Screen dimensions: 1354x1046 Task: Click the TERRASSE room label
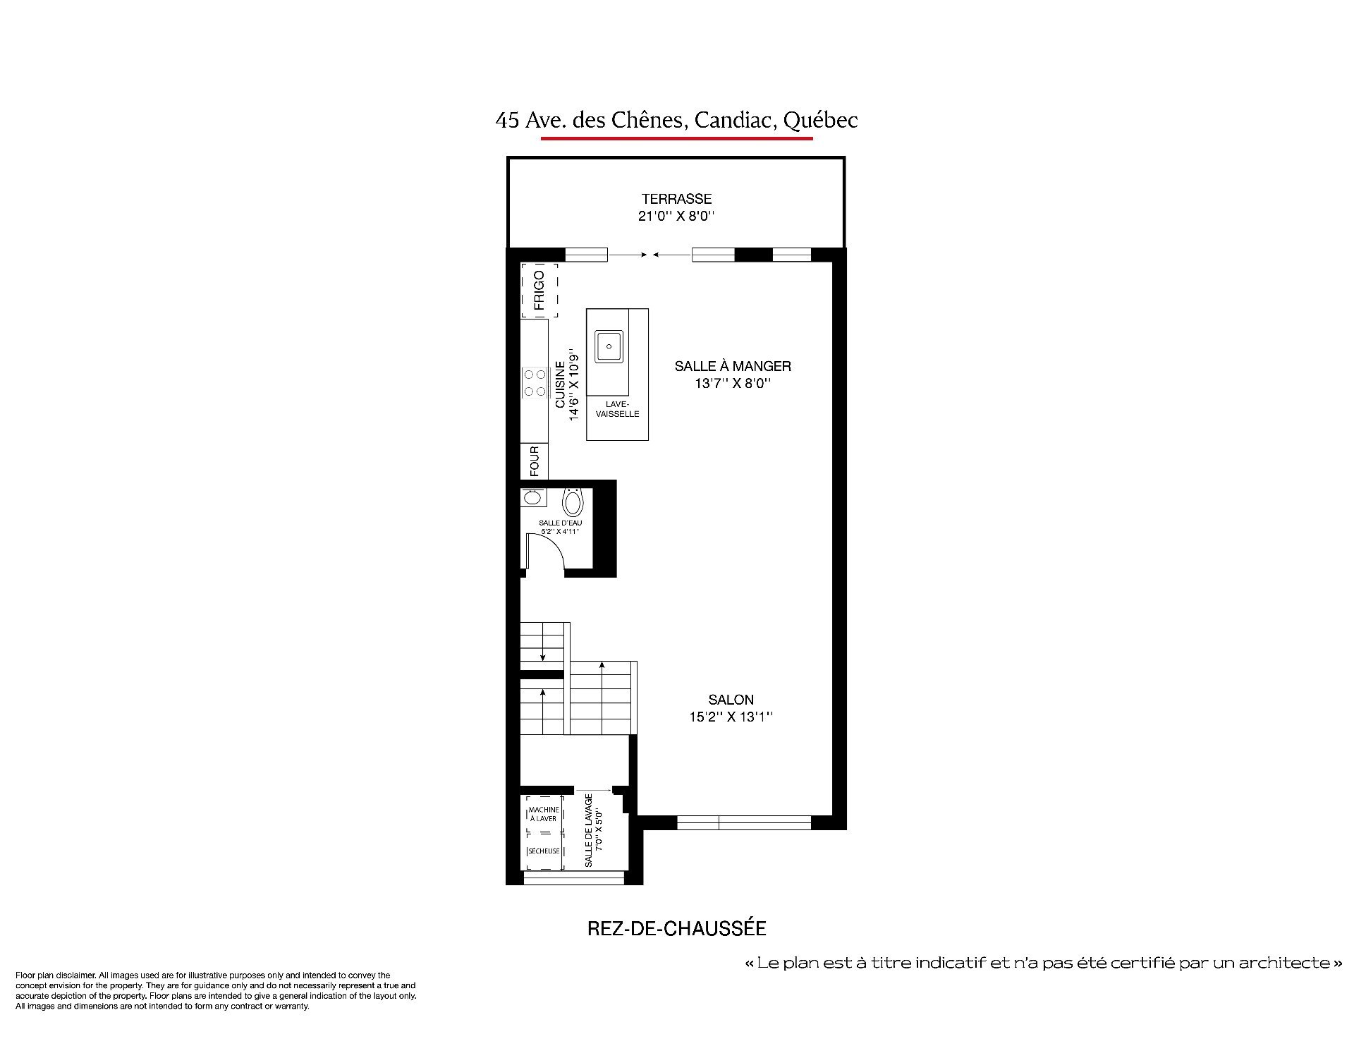(676, 199)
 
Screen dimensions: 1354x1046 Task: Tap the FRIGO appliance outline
(539, 291)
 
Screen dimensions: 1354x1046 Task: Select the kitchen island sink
(609, 346)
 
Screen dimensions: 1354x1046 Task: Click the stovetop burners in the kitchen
(534, 382)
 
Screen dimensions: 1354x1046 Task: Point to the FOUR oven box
(534, 461)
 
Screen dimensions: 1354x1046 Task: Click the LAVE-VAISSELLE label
(617, 409)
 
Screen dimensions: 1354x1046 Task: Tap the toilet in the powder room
(573, 502)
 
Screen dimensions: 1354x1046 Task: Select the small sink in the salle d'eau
(532, 498)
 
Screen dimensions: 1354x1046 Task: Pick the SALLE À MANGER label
(733, 366)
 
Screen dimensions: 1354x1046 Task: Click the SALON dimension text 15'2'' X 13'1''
(731, 717)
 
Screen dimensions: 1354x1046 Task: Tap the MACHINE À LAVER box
(543, 814)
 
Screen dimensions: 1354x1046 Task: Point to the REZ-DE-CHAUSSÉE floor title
(676, 928)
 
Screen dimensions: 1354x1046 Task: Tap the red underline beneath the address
(676, 138)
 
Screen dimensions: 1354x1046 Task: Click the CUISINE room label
(560, 385)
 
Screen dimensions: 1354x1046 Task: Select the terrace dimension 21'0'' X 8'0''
(676, 216)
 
